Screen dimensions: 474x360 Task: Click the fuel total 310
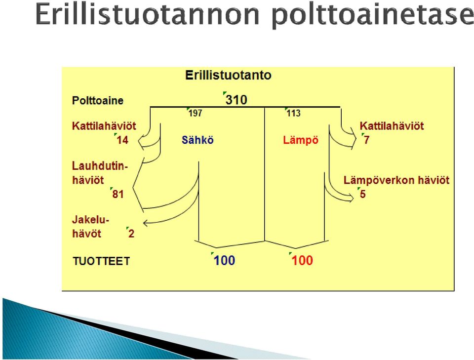[x=237, y=100]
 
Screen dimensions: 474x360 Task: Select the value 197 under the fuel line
[x=196, y=114]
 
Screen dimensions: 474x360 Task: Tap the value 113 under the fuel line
[x=293, y=114]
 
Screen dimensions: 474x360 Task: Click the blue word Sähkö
[x=197, y=140]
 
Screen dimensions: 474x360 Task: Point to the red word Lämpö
[x=301, y=140]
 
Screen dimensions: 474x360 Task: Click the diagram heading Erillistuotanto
[x=228, y=75]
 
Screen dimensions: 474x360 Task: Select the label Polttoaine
[x=98, y=100]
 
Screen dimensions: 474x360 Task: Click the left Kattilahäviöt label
[x=104, y=126]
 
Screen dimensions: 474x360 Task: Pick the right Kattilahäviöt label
[x=392, y=126]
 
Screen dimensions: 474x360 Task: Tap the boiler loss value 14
[x=122, y=140]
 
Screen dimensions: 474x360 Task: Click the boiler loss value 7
[x=366, y=140]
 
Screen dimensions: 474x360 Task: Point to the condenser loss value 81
[x=118, y=194]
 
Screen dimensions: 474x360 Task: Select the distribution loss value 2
[x=131, y=234]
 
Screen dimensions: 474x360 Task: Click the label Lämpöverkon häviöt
[x=396, y=180]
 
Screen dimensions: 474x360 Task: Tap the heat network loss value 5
[x=363, y=194]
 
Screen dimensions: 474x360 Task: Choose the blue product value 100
[x=224, y=260]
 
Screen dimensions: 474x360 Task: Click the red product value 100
[x=302, y=260]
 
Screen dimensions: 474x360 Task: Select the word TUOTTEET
[x=101, y=261]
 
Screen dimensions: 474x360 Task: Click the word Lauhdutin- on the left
[x=100, y=166]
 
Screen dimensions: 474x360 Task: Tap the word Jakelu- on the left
[x=90, y=219]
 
